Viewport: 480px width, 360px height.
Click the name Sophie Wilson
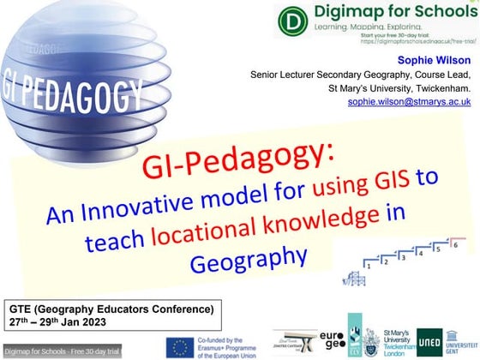coord(436,60)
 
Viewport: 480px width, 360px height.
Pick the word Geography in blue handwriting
coord(255,255)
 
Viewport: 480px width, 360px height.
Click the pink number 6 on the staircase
coord(455,245)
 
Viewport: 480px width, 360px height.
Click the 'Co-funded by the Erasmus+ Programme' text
coord(232,345)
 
